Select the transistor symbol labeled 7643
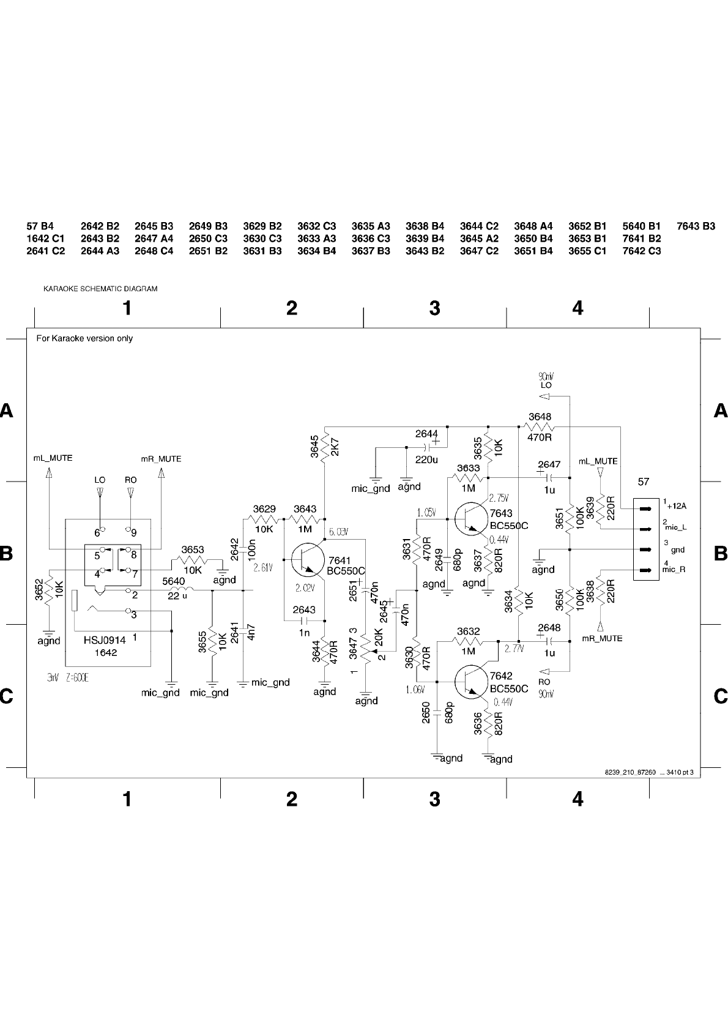pos(469,518)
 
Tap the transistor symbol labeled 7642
pos(470,681)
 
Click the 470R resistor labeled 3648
pos(539,427)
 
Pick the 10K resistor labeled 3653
pos(192,560)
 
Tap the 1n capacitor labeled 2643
pos(304,619)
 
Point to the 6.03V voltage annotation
pos(338,532)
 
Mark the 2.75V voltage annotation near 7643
pos(499,497)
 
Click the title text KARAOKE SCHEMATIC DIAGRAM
pos(100,289)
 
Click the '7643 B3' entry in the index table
pos(696,226)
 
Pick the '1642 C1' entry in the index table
pos(45,239)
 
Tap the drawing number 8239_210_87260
pos(630,773)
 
